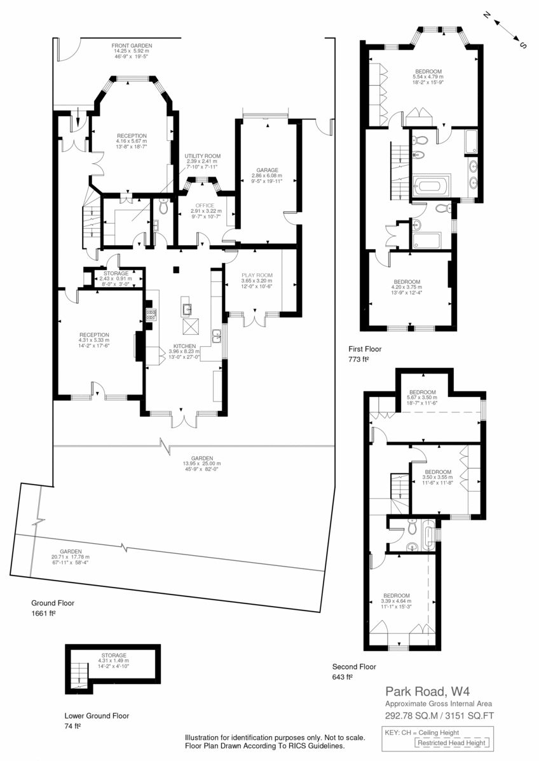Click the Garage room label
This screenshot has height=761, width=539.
[268, 170]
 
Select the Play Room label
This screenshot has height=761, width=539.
[257, 275]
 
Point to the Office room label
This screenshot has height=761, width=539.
[205, 206]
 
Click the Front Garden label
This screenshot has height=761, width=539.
[132, 46]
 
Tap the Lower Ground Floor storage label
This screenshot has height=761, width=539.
[114, 655]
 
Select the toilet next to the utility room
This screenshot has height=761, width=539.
[163, 207]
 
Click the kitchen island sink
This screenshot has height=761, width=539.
[188, 308]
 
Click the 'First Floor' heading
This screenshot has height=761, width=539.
[365, 349]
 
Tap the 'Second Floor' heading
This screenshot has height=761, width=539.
[354, 667]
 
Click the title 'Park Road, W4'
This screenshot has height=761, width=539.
[428, 691]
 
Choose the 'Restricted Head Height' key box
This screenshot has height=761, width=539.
[452, 743]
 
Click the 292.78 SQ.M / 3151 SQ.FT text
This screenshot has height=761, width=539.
[439, 715]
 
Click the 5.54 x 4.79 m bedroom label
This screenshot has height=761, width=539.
[428, 77]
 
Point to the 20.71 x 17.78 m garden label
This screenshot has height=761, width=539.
[71, 557]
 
